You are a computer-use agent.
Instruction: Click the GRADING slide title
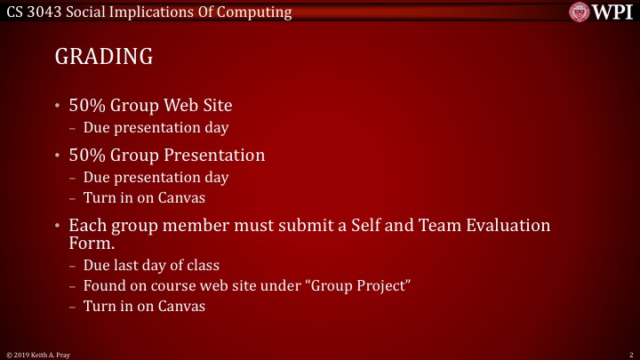(x=104, y=57)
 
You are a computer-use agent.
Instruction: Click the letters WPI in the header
(x=612, y=12)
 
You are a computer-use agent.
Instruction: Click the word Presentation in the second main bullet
(x=212, y=156)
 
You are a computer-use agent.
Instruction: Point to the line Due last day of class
(x=151, y=266)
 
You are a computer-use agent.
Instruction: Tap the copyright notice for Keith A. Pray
(x=36, y=354)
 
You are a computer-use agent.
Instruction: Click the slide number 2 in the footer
(x=629, y=354)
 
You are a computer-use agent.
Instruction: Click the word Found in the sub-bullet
(x=105, y=286)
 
